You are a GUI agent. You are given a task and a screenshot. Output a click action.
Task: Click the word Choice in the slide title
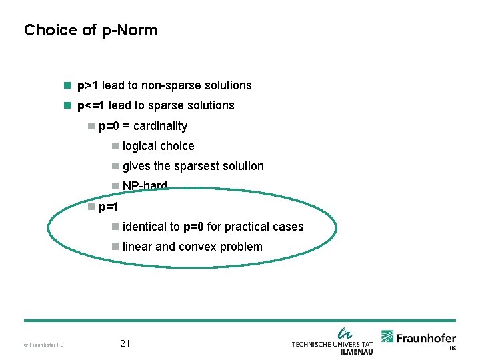[x=44, y=30]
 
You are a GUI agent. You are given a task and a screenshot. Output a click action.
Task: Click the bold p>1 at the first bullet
[x=88, y=85]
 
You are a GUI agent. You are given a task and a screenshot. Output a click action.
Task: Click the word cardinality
[x=160, y=126]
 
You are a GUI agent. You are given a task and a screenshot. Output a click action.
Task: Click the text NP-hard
[x=145, y=186]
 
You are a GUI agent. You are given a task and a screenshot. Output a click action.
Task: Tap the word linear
[x=137, y=247]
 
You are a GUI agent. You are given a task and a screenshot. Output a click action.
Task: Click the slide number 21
[x=125, y=344]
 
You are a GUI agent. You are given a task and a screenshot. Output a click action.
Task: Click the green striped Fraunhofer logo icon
[x=387, y=337]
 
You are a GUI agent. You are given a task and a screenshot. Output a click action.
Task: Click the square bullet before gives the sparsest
[x=115, y=166]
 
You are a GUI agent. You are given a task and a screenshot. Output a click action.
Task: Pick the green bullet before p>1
[x=67, y=85]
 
